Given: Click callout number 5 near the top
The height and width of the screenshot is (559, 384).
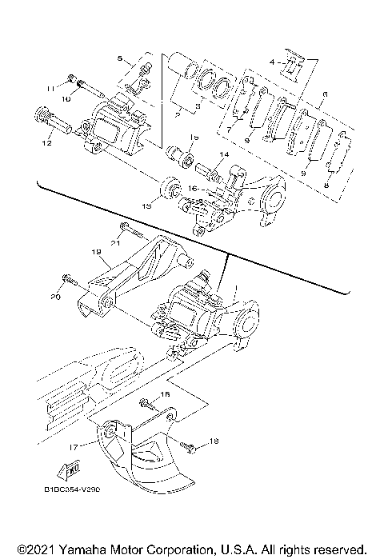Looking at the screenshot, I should pyautogui.click(x=120, y=59).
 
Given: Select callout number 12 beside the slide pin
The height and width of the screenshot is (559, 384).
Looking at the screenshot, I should pyautogui.click(x=48, y=143).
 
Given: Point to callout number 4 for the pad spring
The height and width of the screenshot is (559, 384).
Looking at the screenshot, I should pyautogui.click(x=271, y=62).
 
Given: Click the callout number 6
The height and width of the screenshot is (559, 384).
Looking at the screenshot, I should pyautogui.click(x=323, y=94).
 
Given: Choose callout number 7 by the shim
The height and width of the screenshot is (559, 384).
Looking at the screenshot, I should pyautogui.click(x=229, y=128).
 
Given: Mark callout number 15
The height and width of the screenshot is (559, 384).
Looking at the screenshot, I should pyautogui.click(x=193, y=138).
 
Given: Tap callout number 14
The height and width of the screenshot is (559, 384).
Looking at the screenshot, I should pyautogui.click(x=223, y=154).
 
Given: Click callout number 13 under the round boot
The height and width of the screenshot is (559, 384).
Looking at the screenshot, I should pyautogui.click(x=146, y=206).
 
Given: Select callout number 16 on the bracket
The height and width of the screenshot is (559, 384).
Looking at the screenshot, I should pyautogui.click(x=192, y=190).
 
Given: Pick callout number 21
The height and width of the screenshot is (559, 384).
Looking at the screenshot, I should pyautogui.click(x=115, y=243).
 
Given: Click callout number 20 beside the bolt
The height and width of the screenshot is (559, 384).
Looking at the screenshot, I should pyautogui.click(x=56, y=295).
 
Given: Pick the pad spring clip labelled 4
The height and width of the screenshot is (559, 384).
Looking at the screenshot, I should pyautogui.click(x=293, y=70).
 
